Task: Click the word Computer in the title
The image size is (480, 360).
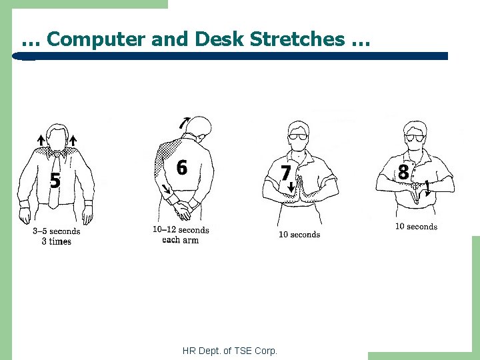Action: [x=96, y=39]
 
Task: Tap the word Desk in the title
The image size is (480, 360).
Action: [x=219, y=39]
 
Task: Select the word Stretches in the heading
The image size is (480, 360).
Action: [x=297, y=39]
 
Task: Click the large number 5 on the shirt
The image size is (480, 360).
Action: [x=55, y=180]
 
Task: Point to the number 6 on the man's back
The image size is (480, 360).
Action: [x=182, y=167]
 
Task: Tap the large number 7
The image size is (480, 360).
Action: [x=285, y=173]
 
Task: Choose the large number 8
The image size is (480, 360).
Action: [x=403, y=172]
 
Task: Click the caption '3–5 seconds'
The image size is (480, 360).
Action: [x=57, y=231]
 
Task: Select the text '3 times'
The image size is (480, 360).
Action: [x=57, y=241]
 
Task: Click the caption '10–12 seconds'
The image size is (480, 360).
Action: [x=181, y=230]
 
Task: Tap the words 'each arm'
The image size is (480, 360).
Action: [x=180, y=240]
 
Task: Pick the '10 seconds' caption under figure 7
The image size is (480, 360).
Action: [x=299, y=235]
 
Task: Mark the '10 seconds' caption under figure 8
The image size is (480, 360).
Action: [x=416, y=227]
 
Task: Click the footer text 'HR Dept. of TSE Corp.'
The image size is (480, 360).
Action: [x=229, y=351]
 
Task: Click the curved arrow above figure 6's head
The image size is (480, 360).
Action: [x=184, y=123]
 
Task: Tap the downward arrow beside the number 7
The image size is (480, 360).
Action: [x=291, y=187]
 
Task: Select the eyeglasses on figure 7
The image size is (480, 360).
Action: [x=297, y=137]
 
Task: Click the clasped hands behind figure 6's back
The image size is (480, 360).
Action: [x=183, y=210]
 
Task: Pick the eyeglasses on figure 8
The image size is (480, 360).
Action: [x=415, y=138]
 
